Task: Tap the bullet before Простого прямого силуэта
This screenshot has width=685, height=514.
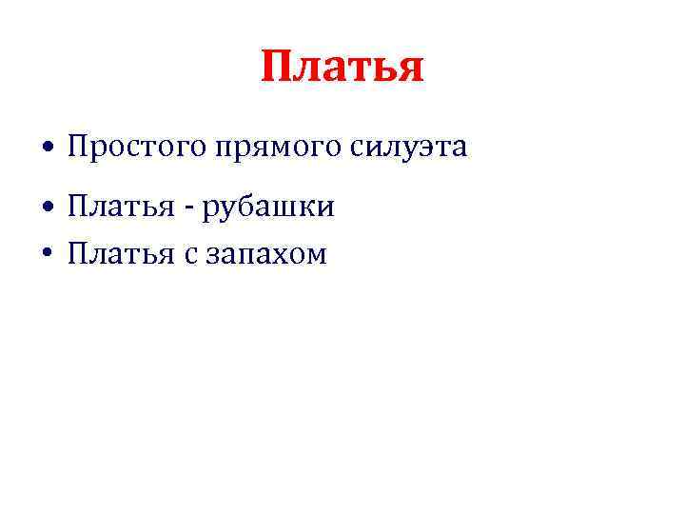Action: pos(47,149)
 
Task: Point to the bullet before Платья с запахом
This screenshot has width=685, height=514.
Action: pos(47,254)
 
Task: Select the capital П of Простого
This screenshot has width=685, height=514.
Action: pos(77,148)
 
